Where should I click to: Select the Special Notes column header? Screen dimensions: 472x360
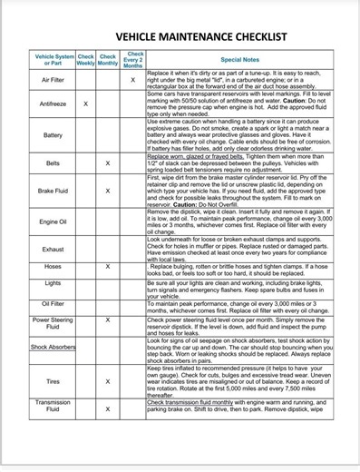tap(240, 59)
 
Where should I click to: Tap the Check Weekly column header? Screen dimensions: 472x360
tap(85, 59)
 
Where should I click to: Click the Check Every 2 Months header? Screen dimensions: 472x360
tap(133, 59)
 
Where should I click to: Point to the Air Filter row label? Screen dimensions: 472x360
tap(53, 80)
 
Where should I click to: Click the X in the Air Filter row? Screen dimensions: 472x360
tap(133, 80)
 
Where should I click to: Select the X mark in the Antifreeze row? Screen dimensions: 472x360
tap(85, 103)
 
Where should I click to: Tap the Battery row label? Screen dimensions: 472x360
tap(53, 135)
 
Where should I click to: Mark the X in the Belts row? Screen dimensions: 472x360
tap(108, 163)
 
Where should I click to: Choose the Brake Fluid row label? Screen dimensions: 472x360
tap(53, 192)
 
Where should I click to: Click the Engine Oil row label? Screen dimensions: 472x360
tap(53, 221)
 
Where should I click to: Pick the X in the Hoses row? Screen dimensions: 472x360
tap(108, 267)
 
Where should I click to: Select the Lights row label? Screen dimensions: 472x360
tap(53, 283)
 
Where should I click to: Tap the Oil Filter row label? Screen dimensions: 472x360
tap(53, 304)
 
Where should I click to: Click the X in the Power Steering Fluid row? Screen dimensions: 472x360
tap(108, 320)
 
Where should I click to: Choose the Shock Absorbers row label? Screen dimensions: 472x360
tap(53, 347)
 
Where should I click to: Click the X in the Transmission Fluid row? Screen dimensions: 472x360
tap(108, 408)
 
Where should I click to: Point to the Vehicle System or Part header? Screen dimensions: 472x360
tap(53, 59)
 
